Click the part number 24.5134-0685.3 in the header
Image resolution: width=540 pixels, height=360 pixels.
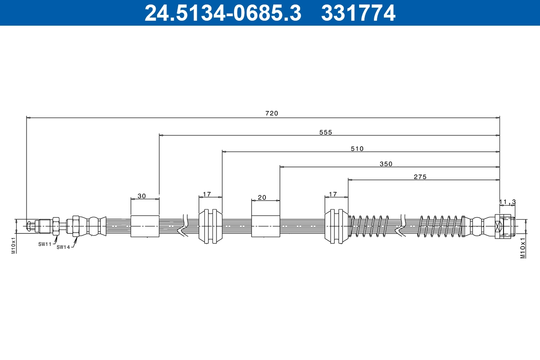click(x=222, y=13)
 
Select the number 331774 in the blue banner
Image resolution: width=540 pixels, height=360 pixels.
click(x=358, y=13)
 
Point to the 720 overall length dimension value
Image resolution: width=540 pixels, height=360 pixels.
click(x=271, y=113)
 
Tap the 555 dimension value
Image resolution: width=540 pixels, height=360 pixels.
click(x=325, y=132)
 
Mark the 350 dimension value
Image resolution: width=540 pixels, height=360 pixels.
click(x=386, y=164)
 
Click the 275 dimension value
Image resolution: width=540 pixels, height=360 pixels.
click(x=419, y=177)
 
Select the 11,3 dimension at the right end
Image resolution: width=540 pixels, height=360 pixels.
click(x=507, y=202)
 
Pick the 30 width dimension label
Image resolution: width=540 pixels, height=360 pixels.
click(x=142, y=196)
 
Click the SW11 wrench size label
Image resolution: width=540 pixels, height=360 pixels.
click(x=45, y=243)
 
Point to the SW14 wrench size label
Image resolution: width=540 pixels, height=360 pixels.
click(x=63, y=247)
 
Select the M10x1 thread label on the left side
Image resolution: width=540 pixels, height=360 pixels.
click(x=13, y=245)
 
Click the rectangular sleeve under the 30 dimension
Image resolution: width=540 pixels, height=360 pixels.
click(x=144, y=226)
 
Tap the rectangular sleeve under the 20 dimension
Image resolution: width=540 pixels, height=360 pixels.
click(x=265, y=226)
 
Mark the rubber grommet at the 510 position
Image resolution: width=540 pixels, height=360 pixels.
click(x=210, y=226)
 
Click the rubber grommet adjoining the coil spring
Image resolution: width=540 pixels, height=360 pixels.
click(x=336, y=226)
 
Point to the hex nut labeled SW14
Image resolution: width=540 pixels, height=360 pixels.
click(x=76, y=226)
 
